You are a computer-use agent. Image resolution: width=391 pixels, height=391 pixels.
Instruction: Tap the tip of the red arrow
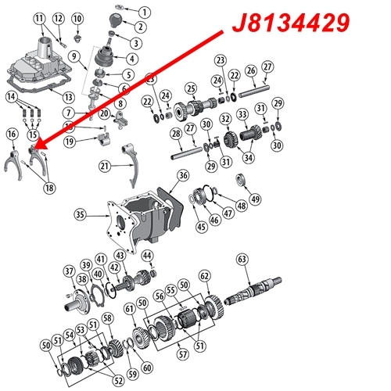click(x=34, y=147)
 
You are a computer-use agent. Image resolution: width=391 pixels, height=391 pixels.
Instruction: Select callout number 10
click(x=77, y=18)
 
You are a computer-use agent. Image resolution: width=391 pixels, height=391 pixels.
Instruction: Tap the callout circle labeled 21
click(x=106, y=166)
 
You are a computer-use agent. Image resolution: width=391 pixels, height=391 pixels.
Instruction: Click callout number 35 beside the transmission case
click(x=79, y=213)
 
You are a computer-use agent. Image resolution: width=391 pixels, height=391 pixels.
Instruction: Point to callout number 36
click(x=182, y=177)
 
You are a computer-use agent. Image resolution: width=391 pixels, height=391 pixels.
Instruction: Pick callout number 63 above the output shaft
click(x=242, y=258)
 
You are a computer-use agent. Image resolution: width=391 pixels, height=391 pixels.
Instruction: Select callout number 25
click(x=190, y=88)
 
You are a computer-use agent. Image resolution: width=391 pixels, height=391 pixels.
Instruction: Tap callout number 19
click(x=70, y=142)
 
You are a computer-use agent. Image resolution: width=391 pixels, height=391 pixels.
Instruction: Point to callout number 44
click(x=148, y=256)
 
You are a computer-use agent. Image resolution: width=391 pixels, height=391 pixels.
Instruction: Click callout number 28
click(x=177, y=135)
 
